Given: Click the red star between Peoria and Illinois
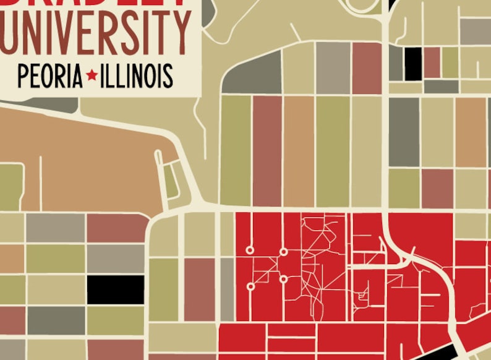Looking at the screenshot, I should click(x=92, y=75).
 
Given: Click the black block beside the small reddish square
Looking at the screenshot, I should click(x=413, y=63).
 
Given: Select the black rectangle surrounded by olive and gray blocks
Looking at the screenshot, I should click(x=115, y=289).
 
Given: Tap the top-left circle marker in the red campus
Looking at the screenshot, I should click(x=250, y=251).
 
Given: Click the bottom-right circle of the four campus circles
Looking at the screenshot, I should click(x=283, y=279).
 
